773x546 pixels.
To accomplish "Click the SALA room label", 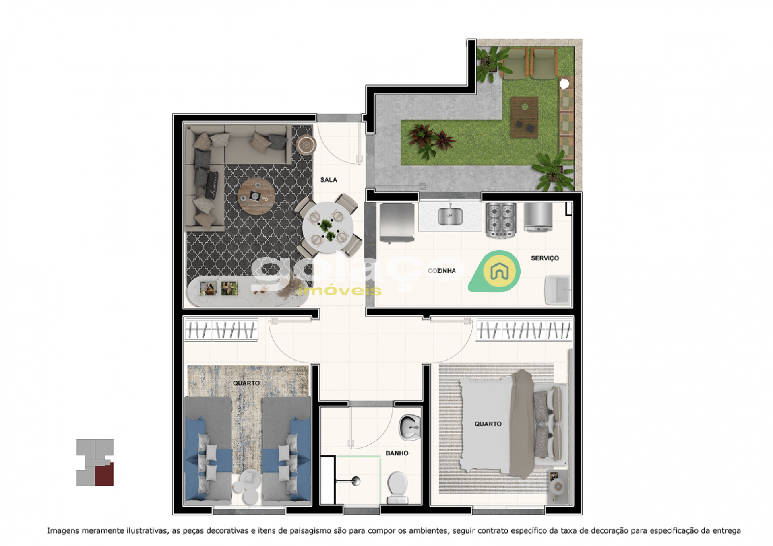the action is [329, 180].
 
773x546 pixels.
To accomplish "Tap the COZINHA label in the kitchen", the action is [442, 271].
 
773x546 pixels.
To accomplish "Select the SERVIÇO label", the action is [545, 258].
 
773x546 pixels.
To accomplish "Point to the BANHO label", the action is [397, 453].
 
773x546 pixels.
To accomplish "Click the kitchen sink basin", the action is [450, 216].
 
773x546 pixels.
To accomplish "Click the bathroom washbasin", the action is [410, 427].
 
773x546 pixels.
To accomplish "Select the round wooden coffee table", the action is [256, 196].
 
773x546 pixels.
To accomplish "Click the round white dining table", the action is [328, 227].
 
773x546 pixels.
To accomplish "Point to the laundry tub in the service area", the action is [558, 290].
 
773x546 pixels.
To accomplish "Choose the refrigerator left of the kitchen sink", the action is [397, 223].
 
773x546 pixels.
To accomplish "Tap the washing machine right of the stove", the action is [538, 217].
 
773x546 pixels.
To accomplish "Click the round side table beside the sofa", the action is [306, 144].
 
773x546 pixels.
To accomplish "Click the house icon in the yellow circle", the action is [499, 271].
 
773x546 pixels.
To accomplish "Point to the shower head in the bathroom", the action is [356, 481].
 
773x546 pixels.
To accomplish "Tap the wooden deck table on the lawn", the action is [524, 117].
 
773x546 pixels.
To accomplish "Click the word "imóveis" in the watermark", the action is [340, 290].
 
